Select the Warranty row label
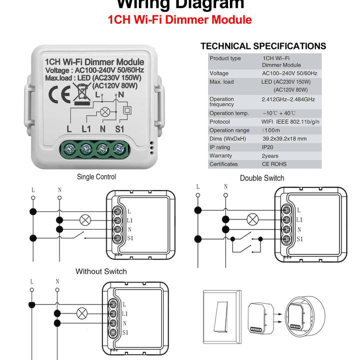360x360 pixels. click(x=220, y=156)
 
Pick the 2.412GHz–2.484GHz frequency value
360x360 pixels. click(x=288, y=99)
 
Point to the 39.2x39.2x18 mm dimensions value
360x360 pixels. click(x=284, y=138)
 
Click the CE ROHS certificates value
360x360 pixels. click(x=274, y=164)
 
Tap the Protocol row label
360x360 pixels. click(x=219, y=121)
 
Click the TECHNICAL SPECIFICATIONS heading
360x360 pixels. click(x=263, y=46)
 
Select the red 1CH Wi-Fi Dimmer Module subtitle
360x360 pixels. click(x=180, y=20)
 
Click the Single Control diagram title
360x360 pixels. click(x=96, y=176)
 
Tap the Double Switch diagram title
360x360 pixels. click(x=262, y=178)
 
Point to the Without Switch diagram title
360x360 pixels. click(x=101, y=271)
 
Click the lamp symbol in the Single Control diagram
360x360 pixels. click(x=85, y=219)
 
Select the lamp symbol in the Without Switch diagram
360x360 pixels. click(x=82, y=313)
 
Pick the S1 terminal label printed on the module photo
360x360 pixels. click(x=120, y=128)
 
